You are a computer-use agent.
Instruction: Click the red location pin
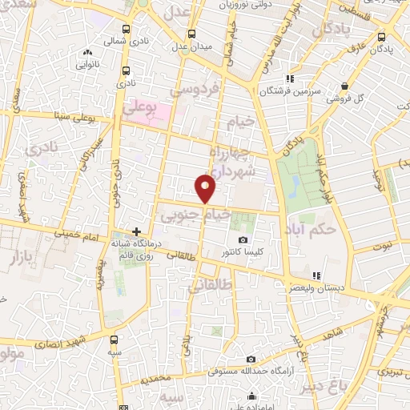pos(207,188)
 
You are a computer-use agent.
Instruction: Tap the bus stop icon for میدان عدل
pos(191,34)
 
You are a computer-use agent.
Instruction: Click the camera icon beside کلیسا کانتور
pos(243,240)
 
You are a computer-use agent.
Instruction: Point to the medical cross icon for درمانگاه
pos(137,231)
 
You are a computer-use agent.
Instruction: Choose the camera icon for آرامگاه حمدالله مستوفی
pos(251,360)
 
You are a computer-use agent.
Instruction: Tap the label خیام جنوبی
pos(196,215)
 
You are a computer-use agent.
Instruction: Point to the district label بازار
pos(26,257)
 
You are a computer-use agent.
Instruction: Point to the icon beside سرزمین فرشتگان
pos(291,78)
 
